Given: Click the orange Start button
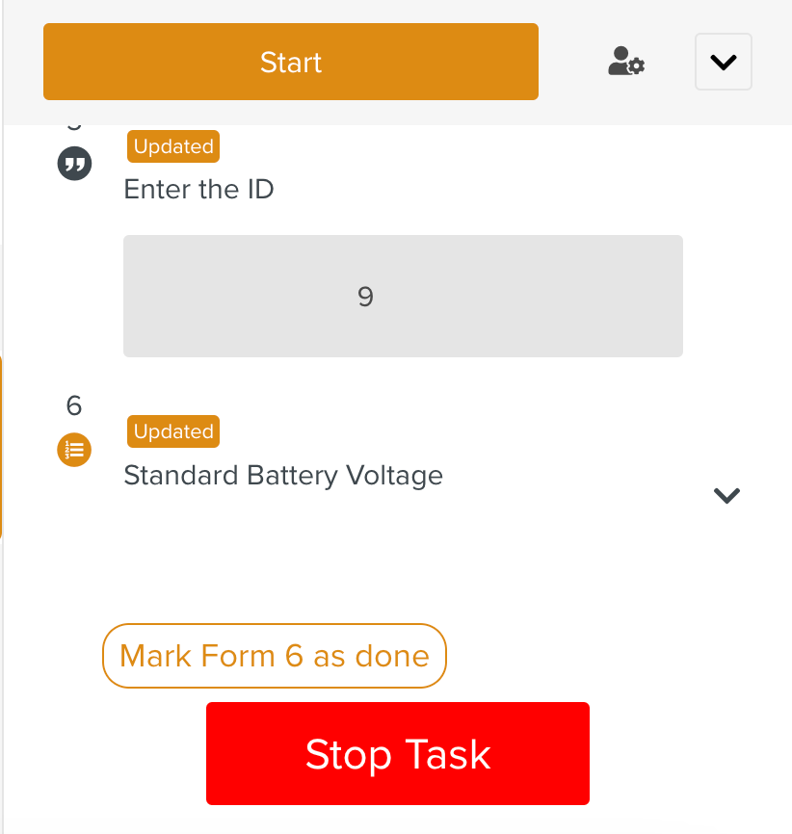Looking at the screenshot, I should (x=290, y=62).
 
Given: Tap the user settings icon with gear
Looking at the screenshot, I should (x=626, y=62).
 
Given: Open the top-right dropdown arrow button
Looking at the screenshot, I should (x=723, y=62).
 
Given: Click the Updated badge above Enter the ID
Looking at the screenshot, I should (x=173, y=146).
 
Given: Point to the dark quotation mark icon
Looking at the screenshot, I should (x=74, y=165).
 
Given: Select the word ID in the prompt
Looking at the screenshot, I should (x=256, y=189).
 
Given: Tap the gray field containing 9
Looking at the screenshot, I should (x=403, y=296).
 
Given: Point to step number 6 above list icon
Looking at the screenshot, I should (x=74, y=405).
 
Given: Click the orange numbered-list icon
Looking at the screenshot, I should (x=74, y=449).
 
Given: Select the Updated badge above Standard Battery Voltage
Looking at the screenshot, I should (x=173, y=431).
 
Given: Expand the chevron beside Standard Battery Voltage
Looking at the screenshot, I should (x=726, y=495).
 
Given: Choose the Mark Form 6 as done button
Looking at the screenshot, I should (x=275, y=656).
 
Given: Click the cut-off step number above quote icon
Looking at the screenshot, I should (x=74, y=126).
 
